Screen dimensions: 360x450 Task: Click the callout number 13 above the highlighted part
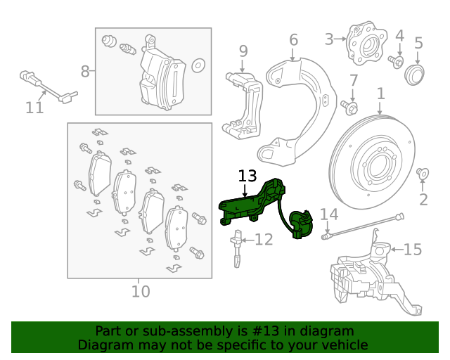[x=247, y=176]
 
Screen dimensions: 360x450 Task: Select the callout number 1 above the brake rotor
[x=380, y=94]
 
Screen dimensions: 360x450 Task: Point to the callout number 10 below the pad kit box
[x=141, y=290]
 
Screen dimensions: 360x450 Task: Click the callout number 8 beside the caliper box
[x=85, y=71]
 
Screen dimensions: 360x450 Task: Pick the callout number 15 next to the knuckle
[x=413, y=249]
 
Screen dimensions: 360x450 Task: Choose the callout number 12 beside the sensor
[x=263, y=240]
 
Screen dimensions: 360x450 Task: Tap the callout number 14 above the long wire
[x=329, y=214]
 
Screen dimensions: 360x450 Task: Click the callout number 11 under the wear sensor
[x=34, y=108]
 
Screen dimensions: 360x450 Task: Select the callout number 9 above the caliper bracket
[x=243, y=51]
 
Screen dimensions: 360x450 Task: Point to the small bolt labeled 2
[x=423, y=173]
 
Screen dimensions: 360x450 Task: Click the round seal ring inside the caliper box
[x=198, y=65]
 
